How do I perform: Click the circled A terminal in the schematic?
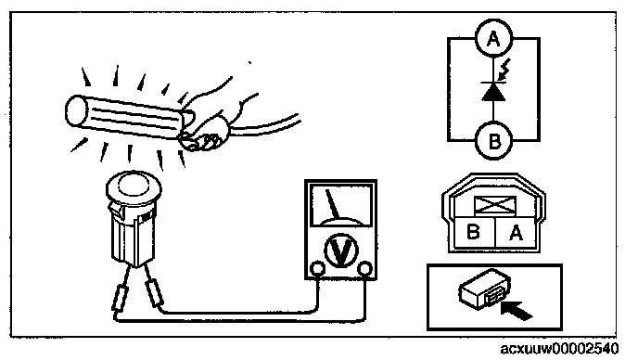pos(493,38)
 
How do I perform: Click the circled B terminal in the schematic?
pos(493,141)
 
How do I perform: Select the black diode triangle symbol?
pos(493,92)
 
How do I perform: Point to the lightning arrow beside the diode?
pos(503,70)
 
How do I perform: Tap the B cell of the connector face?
pos(474,232)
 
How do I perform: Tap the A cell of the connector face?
pos(516,232)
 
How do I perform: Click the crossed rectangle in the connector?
pos(495,205)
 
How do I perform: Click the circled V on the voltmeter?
pos(341,251)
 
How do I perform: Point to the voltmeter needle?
pos(333,204)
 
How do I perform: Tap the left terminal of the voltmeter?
pos(317,269)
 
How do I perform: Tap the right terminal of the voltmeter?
pos(365,269)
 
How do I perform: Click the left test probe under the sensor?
pos(121,299)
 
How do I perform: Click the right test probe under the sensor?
pos(154,293)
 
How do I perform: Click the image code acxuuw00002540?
pos(559,349)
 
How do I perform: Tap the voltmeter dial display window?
pos(341,205)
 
